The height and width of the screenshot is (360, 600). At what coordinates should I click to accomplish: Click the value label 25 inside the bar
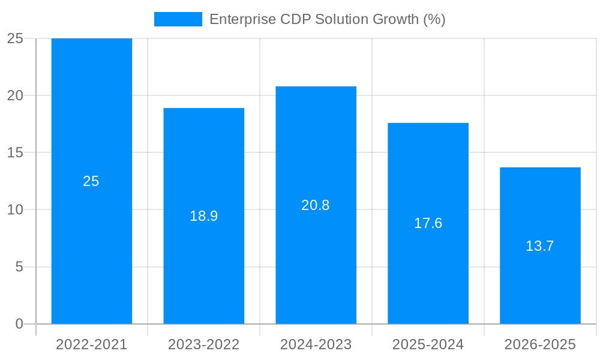click(91, 181)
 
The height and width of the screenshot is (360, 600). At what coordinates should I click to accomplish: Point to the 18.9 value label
click(203, 216)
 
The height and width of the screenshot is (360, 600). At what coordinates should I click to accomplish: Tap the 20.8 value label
click(316, 205)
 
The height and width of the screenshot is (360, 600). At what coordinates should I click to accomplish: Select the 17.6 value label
click(428, 223)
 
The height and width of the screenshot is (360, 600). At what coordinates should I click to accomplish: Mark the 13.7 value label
click(540, 246)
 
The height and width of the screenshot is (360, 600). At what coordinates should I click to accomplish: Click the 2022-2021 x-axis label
click(91, 344)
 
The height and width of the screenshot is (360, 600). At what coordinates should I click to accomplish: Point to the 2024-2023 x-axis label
click(316, 344)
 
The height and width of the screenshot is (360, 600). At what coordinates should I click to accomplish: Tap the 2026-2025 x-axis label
click(540, 344)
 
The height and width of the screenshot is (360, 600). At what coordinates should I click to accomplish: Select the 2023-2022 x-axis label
click(203, 344)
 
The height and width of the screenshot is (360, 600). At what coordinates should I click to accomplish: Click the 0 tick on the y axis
click(19, 324)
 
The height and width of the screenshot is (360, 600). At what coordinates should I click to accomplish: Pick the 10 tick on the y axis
click(15, 210)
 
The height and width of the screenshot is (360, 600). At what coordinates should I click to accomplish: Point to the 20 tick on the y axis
click(15, 95)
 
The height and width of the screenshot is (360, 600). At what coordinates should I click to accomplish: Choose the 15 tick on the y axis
click(15, 152)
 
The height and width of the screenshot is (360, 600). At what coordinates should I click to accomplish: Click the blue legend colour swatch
click(178, 19)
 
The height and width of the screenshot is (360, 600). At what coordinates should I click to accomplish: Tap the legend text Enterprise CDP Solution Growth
click(327, 19)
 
